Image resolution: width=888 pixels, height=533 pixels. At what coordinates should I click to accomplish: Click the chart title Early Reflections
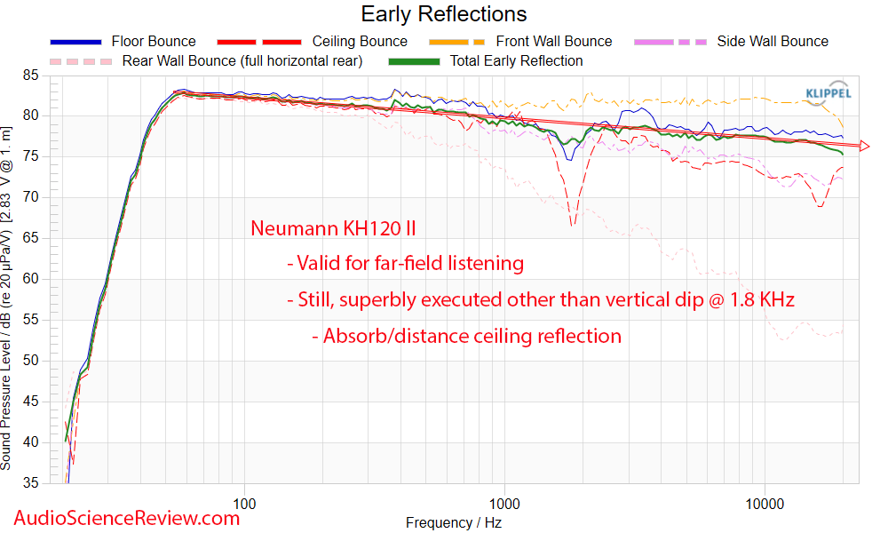[443, 14]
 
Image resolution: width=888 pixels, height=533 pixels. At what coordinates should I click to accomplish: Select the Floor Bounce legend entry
[153, 41]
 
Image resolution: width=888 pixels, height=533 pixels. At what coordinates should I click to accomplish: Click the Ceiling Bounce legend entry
[360, 41]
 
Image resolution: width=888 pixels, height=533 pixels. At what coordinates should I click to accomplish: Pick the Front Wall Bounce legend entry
[553, 41]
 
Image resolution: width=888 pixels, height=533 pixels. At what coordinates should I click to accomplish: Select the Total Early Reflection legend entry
[516, 60]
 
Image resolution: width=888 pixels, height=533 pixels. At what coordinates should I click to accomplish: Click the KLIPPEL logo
[828, 93]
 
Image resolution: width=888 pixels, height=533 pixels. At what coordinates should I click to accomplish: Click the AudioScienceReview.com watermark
[126, 517]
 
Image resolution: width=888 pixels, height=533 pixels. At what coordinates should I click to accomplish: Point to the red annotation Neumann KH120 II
[333, 229]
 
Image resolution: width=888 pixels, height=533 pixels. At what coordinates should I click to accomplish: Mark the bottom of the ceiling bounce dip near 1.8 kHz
[573, 224]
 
